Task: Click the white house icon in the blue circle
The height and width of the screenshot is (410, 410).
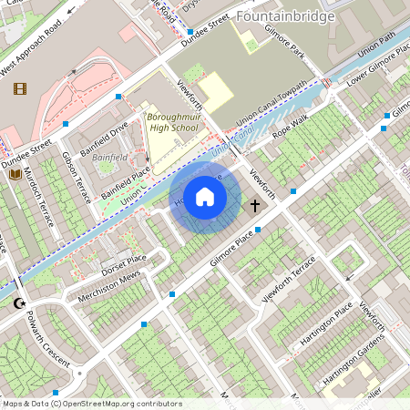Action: tap(205, 196)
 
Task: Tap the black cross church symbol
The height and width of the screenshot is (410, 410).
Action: tap(256, 206)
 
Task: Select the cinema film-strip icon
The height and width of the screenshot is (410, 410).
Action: tap(20, 88)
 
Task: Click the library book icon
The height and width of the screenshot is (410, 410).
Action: tap(15, 173)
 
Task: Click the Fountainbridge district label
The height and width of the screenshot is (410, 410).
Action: tap(284, 16)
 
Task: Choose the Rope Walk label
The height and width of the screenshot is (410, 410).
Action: tap(290, 124)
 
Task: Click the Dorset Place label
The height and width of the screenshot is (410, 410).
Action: tap(124, 265)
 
